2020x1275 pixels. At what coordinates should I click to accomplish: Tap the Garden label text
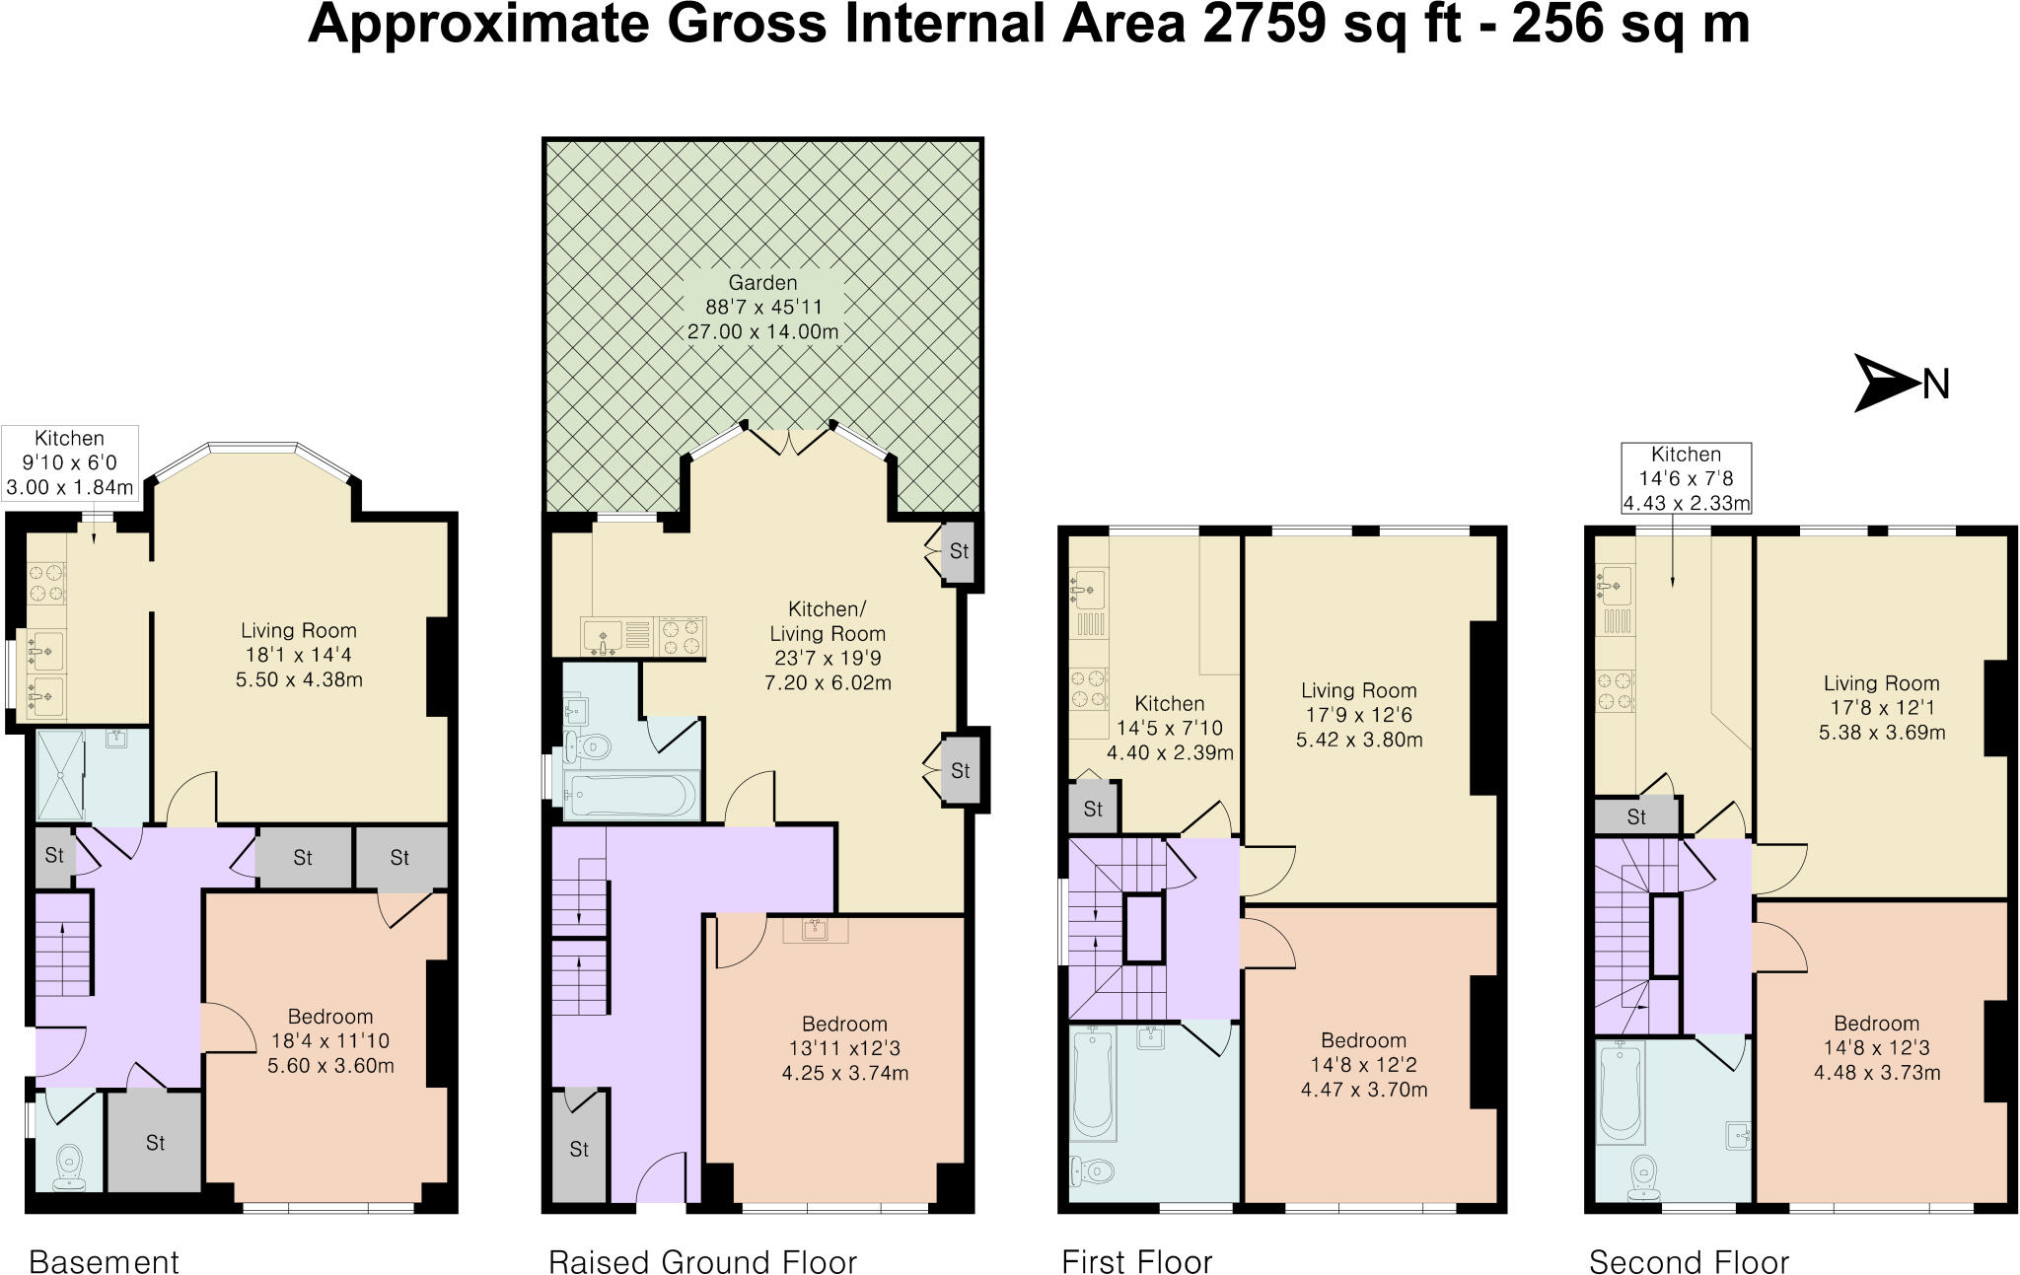tap(762, 283)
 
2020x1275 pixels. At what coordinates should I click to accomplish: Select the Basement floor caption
tap(105, 1261)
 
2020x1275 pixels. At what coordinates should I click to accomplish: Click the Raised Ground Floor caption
tap(702, 1261)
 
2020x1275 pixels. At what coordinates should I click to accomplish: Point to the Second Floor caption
tap(1689, 1261)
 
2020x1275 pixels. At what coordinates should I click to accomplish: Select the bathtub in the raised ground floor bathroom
tap(631, 794)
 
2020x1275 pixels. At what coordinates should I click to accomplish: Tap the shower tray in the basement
tap(59, 775)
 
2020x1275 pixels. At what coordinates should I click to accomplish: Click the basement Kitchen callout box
tap(69, 462)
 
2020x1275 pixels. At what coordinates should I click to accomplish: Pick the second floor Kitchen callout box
tap(1686, 478)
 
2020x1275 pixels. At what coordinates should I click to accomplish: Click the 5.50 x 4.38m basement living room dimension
tap(299, 679)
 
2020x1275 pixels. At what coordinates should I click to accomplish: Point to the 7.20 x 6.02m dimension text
tap(828, 682)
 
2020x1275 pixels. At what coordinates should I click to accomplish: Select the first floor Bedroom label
tap(1363, 1040)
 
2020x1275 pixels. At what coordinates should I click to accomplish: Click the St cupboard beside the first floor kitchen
tap(1093, 809)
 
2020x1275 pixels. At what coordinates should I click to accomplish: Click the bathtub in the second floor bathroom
tap(1619, 1092)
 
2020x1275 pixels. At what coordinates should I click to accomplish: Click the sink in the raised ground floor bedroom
tap(815, 929)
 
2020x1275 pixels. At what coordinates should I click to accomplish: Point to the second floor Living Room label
tap(1881, 683)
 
